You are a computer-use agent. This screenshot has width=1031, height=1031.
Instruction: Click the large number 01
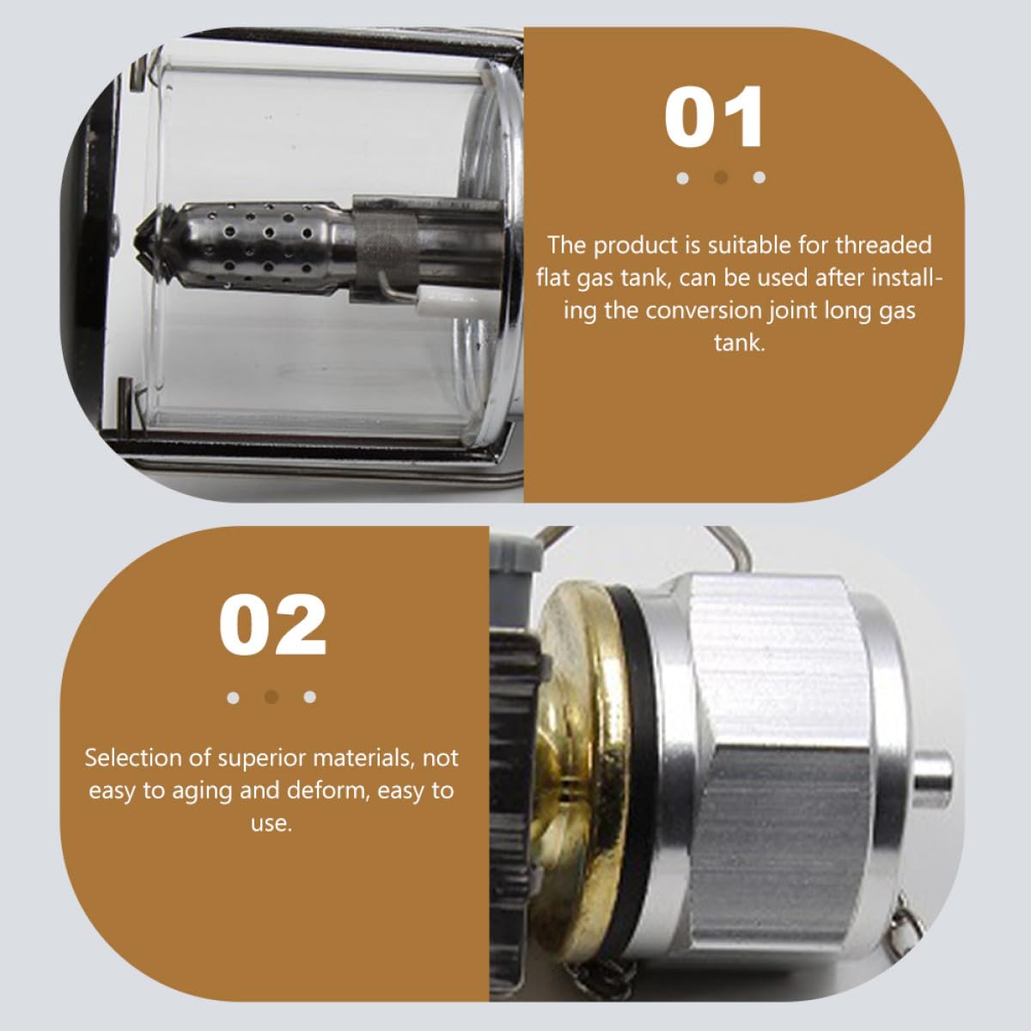[x=714, y=117]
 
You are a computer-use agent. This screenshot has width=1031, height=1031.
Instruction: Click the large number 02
[x=272, y=625]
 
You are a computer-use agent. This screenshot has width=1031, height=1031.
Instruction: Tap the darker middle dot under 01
[x=721, y=178]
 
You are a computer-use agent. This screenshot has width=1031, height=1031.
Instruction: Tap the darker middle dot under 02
[x=271, y=697]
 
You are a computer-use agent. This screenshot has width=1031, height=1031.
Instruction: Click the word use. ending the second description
[x=271, y=824]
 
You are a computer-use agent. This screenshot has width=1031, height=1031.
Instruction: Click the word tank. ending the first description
[x=740, y=343]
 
